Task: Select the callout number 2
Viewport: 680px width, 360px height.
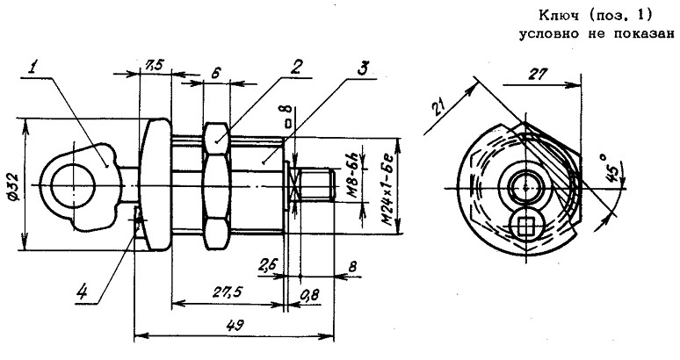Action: tap(298, 66)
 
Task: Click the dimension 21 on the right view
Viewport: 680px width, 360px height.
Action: tap(442, 108)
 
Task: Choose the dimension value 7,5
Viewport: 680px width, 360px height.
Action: tap(153, 64)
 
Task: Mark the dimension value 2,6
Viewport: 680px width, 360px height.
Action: tap(268, 263)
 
